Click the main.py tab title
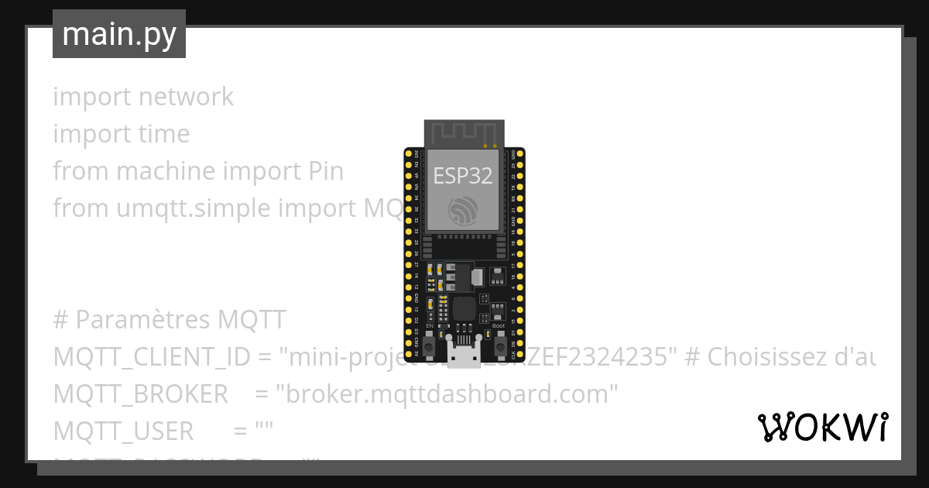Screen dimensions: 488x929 [x=119, y=34]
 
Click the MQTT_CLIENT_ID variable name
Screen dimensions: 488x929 [x=152, y=357]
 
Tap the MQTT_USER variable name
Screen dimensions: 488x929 [x=123, y=431]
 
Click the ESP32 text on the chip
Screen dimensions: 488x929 [x=463, y=176]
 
